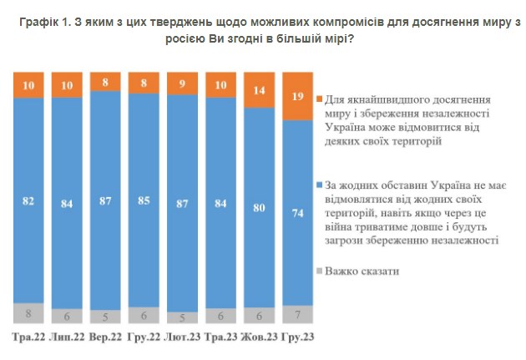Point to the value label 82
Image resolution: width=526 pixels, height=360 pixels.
pos(28,200)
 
